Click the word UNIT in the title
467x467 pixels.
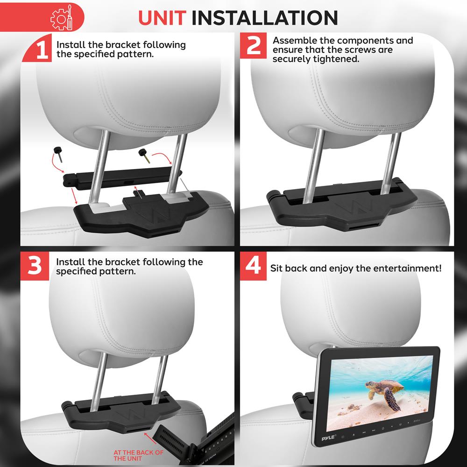tap(163, 18)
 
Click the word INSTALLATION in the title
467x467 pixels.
tap(265, 18)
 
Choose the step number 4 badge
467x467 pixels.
tap(253, 267)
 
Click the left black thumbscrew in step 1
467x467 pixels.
tap(58, 151)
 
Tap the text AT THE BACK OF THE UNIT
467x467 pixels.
tap(138, 455)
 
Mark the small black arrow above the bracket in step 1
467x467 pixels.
tap(136, 189)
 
